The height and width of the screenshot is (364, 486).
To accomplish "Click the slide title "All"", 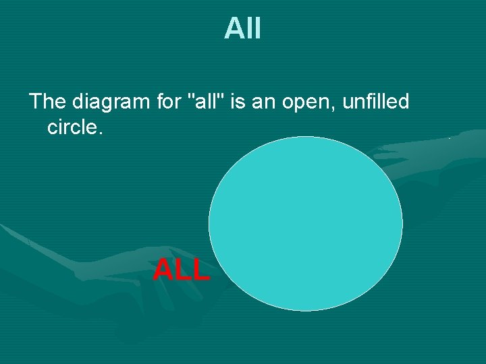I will pos(242,29).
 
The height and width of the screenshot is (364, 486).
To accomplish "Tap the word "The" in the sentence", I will pos(46,102).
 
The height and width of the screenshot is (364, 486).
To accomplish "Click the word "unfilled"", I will pos(376,102).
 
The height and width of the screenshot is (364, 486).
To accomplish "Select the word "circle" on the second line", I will pos(72,127).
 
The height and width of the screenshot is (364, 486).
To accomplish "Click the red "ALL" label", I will pos(182,270).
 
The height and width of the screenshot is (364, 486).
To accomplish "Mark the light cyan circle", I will pos(305,223).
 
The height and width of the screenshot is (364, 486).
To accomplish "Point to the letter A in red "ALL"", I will pos(163,270).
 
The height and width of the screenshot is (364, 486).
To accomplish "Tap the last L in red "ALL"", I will pos(200,270).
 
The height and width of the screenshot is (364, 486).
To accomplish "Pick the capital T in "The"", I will pos(36,102).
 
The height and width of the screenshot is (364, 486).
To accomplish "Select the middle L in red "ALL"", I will pos(182,270).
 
